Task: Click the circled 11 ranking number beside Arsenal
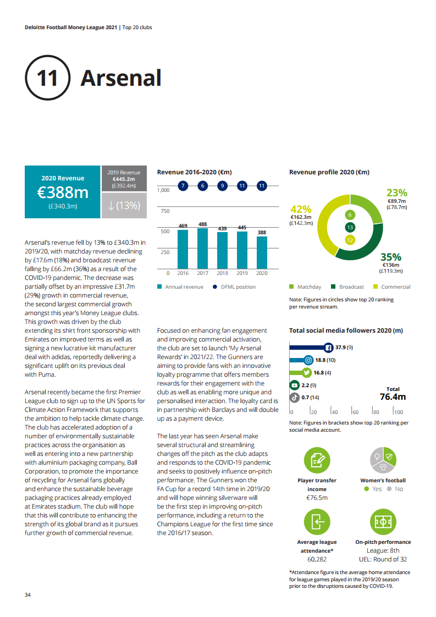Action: [x=47, y=78]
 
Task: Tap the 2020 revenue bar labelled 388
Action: [x=262, y=253]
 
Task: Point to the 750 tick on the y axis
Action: [x=164, y=211]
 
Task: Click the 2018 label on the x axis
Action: [x=222, y=273]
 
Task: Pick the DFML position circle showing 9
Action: [x=222, y=186]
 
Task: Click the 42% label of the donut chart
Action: [x=301, y=209]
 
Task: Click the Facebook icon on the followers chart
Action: [x=328, y=348]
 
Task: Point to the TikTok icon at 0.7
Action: [x=294, y=397]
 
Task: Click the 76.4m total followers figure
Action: [x=393, y=397]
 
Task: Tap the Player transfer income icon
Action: [x=317, y=461]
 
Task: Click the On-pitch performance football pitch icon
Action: [x=382, y=523]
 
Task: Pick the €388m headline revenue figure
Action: [x=63, y=192]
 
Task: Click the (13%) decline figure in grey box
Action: [x=124, y=206]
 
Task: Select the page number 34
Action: [x=28, y=594]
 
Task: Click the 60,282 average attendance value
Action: [x=317, y=559]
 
